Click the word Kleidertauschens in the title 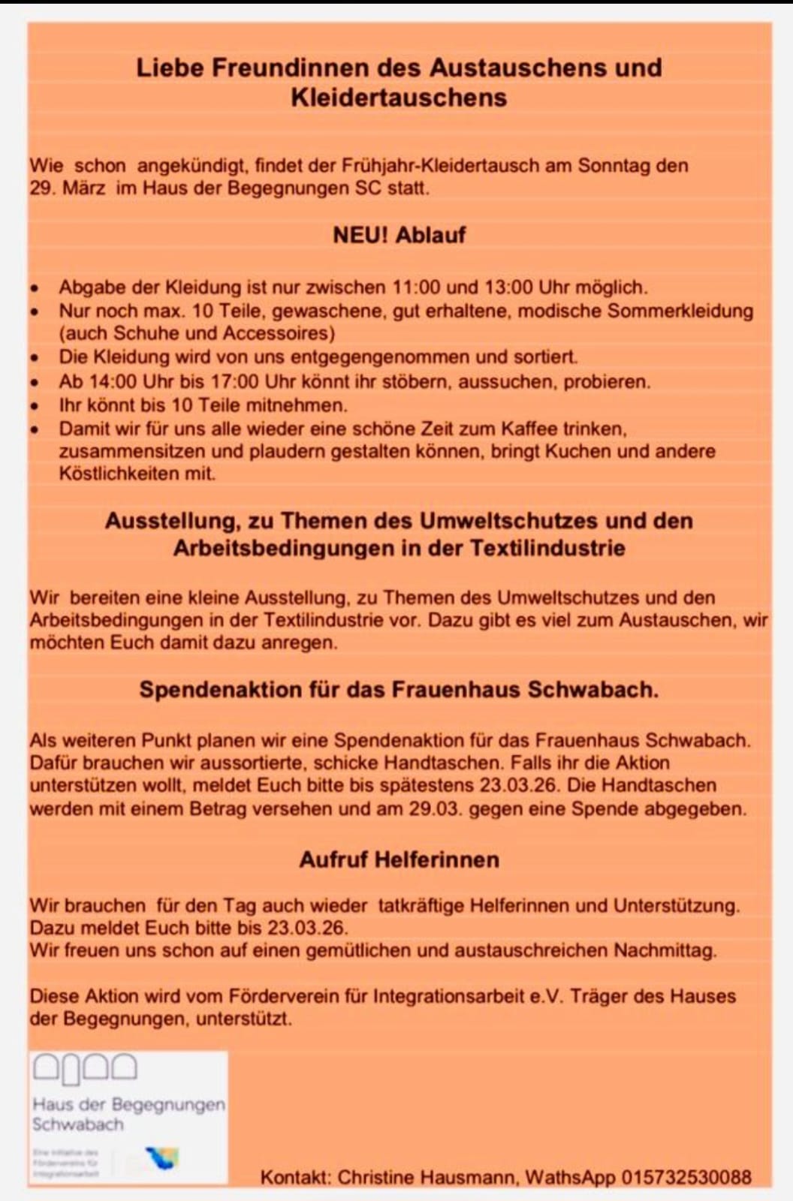(399, 98)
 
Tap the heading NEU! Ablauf (399, 235)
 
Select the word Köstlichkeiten (137, 474)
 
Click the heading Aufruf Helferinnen (399, 859)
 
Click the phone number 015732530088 (686, 1177)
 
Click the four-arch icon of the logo (85, 1068)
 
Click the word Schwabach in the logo (77, 1124)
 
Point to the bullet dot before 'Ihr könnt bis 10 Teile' (35, 406)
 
